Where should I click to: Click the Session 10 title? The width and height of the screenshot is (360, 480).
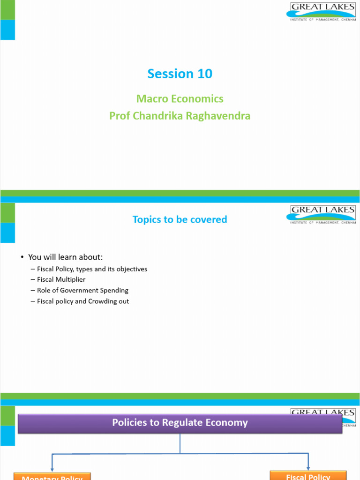[180, 74]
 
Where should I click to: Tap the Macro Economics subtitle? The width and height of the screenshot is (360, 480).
[180, 99]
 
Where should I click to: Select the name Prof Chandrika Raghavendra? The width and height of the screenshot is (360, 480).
[180, 116]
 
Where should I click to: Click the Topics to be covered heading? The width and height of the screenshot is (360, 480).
[180, 219]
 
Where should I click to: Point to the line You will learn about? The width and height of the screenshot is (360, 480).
[65, 257]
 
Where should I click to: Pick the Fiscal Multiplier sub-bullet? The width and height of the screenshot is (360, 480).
[61, 279]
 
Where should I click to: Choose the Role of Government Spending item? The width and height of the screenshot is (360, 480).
[82, 290]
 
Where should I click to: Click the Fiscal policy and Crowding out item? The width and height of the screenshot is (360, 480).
[83, 301]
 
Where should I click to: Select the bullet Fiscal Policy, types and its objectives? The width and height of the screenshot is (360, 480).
[92, 269]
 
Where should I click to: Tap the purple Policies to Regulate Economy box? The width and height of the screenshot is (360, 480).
[180, 423]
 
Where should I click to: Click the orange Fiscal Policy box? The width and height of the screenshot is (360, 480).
[308, 475]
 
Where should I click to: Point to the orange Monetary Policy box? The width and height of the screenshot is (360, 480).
[52, 476]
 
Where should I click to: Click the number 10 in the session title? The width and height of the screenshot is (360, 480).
[205, 74]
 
